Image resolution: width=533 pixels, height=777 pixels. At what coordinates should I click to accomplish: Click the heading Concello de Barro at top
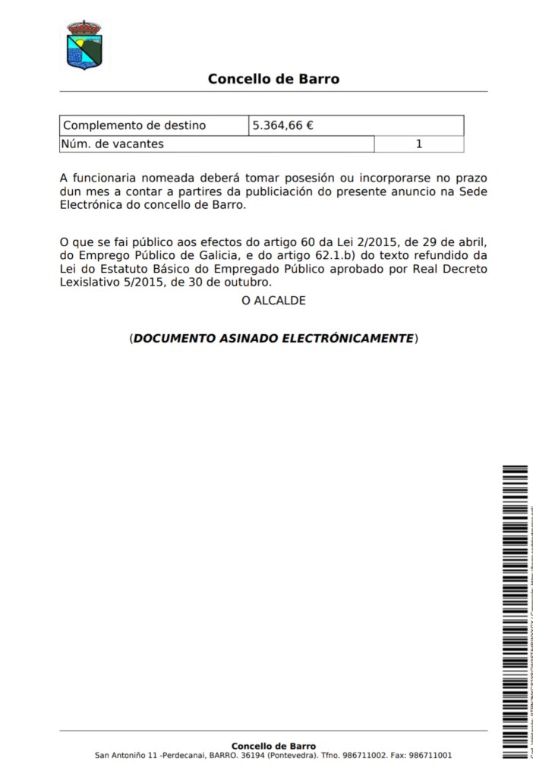[x=273, y=78]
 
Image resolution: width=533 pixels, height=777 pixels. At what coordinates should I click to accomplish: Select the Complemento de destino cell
[x=134, y=125]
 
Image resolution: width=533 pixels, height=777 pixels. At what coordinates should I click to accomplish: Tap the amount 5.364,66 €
[x=283, y=125]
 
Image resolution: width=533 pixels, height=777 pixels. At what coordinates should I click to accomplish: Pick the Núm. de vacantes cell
[x=113, y=144]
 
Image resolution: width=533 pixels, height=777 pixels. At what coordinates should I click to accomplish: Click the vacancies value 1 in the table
[x=419, y=144]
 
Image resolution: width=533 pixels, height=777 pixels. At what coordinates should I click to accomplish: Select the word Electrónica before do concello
[x=90, y=205]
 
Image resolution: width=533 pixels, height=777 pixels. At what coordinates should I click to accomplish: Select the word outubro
[x=247, y=283]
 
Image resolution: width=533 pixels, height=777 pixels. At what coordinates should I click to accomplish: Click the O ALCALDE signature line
[x=273, y=301]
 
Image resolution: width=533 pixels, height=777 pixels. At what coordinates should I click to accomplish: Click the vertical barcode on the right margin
[x=514, y=608]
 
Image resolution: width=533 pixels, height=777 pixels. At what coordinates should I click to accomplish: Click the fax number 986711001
[x=430, y=756]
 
